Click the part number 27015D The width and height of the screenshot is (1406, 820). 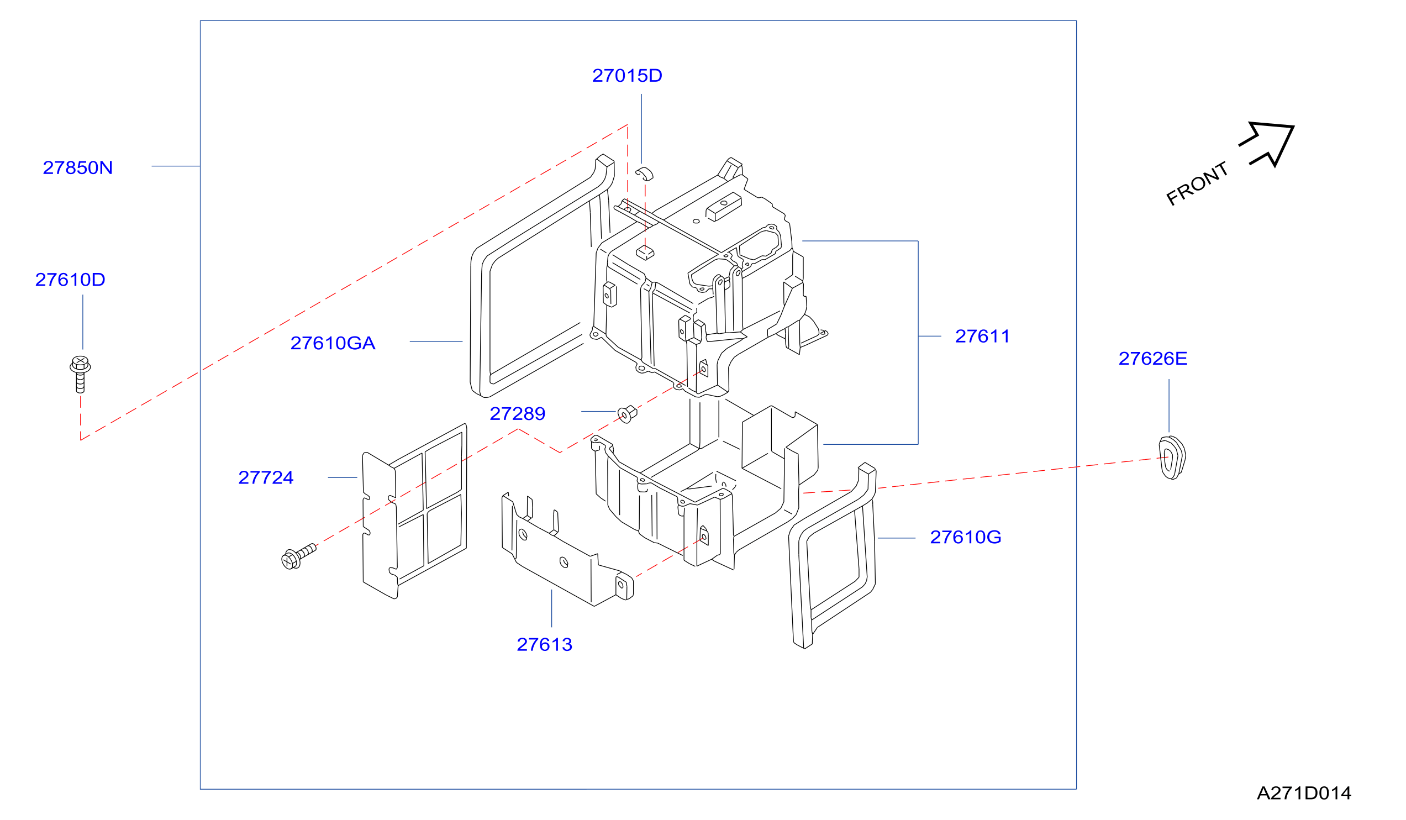click(626, 76)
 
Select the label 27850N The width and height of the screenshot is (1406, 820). click(77, 168)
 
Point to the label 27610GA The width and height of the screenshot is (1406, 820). click(333, 343)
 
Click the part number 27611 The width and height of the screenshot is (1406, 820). click(982, 337)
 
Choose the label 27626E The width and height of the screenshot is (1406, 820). click(1152, 359)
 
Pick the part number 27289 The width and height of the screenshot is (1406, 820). click(517, 414)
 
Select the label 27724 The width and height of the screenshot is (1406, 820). click(266, 478)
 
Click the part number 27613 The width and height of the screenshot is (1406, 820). click(545, 645)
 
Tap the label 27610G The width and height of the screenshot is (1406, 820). click(965, 538)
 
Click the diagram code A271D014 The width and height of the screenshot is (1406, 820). click(1304, 793)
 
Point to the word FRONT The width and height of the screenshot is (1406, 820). click(1197, 183)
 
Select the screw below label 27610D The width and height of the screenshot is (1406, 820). click(80, 375)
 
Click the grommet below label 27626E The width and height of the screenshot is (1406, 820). click(1172, 458)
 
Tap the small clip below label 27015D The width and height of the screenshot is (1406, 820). click(644, 173)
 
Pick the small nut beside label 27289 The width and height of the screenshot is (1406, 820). click(627, 414)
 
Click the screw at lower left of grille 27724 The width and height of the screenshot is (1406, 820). click(298, 556)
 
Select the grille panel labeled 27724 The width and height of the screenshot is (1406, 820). click(414, 511)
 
